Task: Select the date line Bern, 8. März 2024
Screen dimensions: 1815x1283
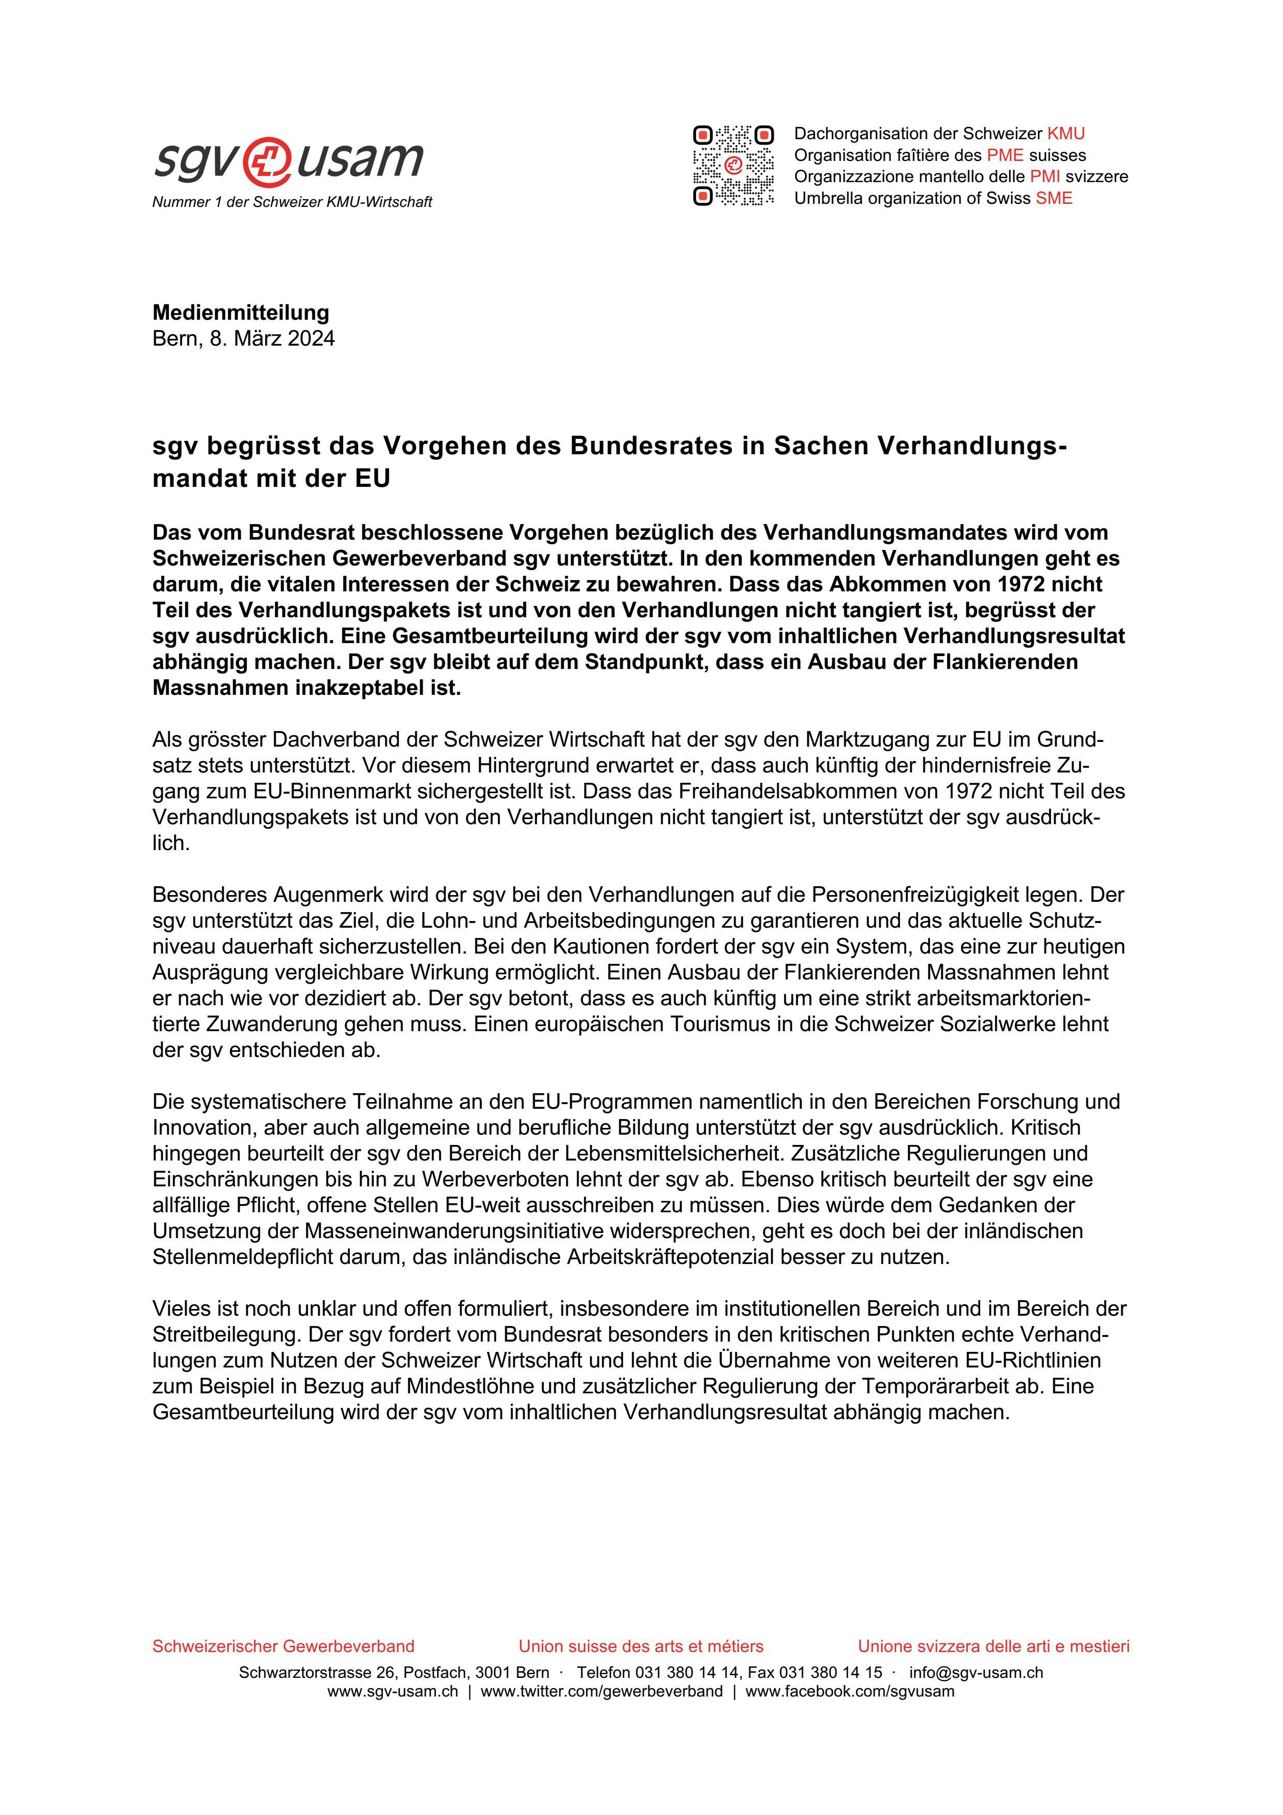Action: [243, 338]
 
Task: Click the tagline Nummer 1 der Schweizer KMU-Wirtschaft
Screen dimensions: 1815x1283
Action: [292, 202]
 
